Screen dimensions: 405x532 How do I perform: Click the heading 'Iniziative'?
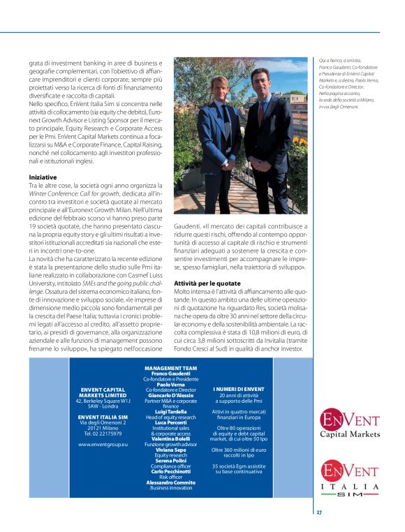[x=43, y=177]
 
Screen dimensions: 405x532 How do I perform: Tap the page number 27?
[x=319, y=512]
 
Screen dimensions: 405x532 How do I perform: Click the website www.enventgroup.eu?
[x=102, y=443]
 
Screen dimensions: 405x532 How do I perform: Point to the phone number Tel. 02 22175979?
[x=102, y=433]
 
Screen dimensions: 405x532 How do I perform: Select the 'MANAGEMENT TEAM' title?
[x=170, y=367]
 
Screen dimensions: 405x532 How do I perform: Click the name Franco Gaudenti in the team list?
[x=170, y=373]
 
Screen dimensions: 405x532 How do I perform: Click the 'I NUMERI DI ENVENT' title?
[x=238, y=389]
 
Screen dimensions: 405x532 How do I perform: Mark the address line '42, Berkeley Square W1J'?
[x=102, y=401]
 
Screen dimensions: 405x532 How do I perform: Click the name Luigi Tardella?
[x=170, y=412]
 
